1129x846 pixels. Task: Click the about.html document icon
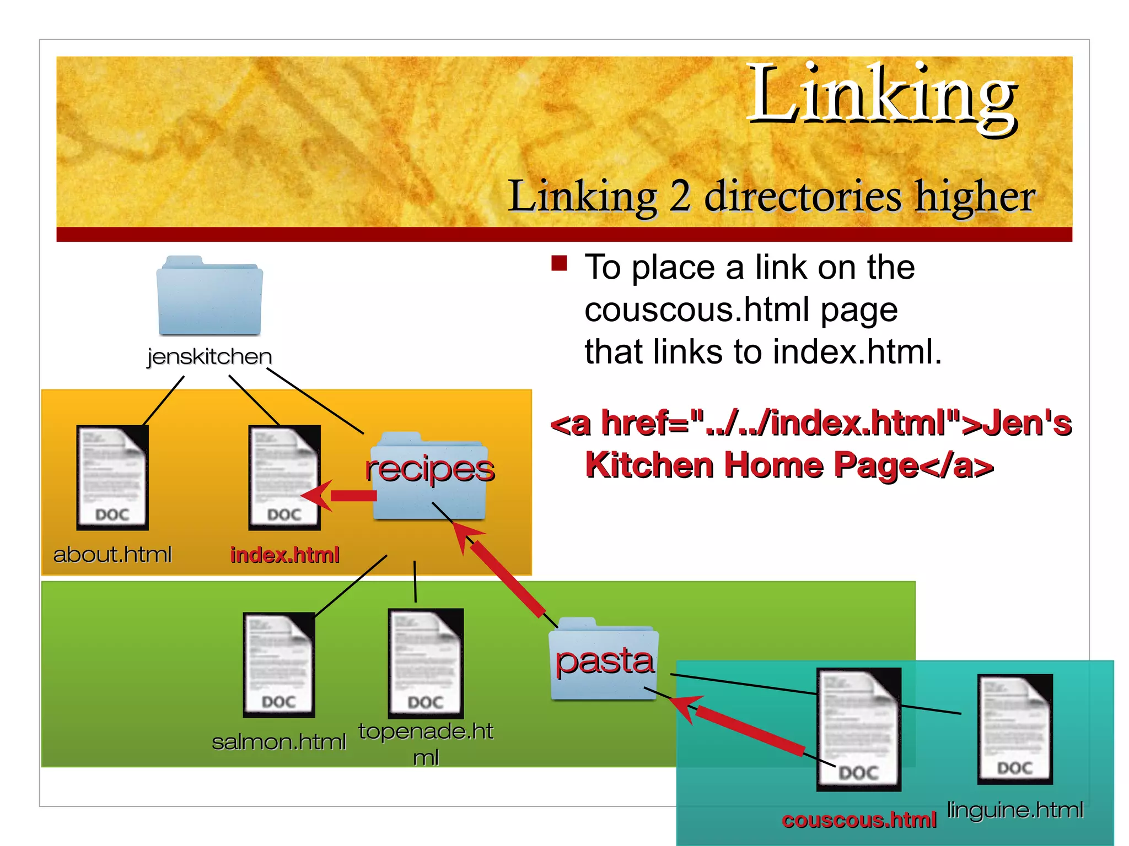coord(112,478)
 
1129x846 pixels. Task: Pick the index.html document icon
coord(284,478)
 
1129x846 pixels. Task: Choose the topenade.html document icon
coord(426,663)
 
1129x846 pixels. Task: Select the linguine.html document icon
coord(1015,729)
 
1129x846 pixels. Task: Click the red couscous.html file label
coord(859,820)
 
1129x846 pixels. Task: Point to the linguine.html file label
coord(1015,810)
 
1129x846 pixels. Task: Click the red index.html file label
coord(284,555)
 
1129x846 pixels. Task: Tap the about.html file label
coord(112,554)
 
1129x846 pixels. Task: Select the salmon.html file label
coord(279,742)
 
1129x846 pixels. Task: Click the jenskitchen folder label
coord(209,356)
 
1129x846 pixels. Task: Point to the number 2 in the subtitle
coord(680,196)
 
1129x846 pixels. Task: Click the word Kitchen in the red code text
coord(649,465)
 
